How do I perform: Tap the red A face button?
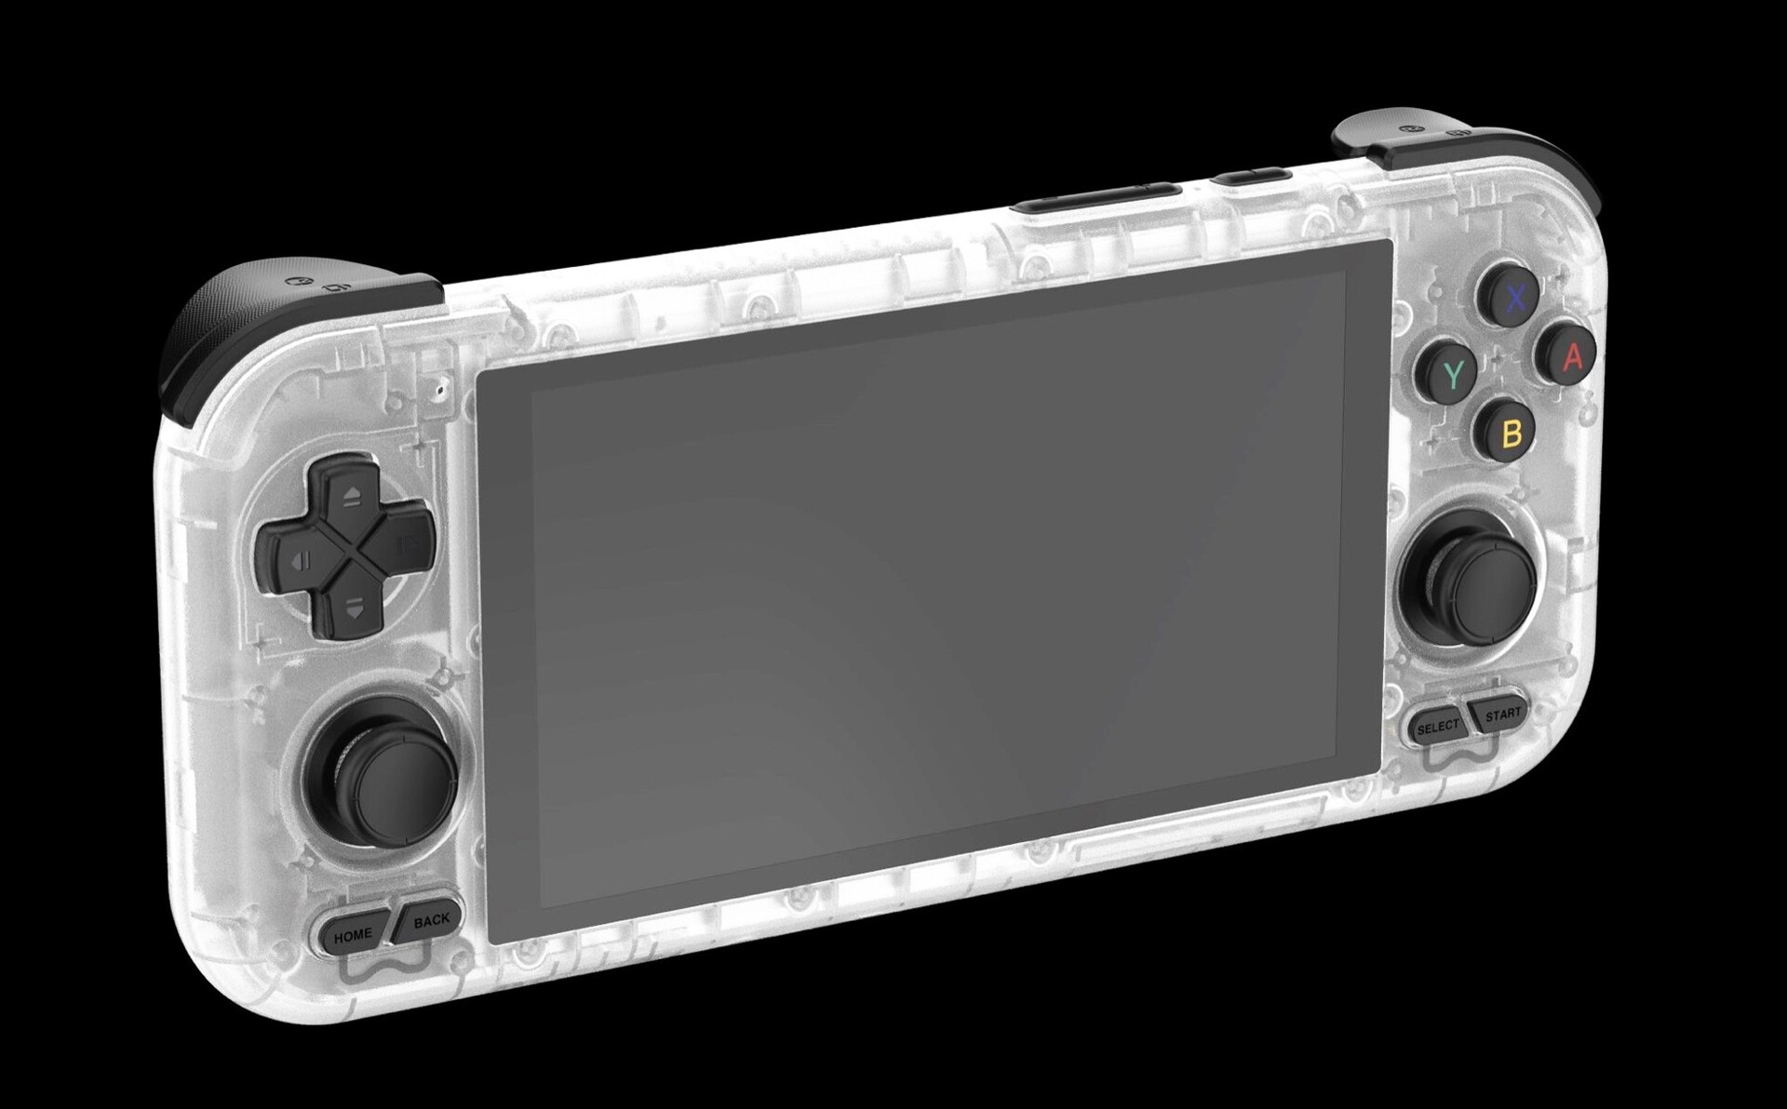[x=1572, y=356]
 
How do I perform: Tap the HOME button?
[x=353, y=934]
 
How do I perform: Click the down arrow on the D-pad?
[x=351, y=608]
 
